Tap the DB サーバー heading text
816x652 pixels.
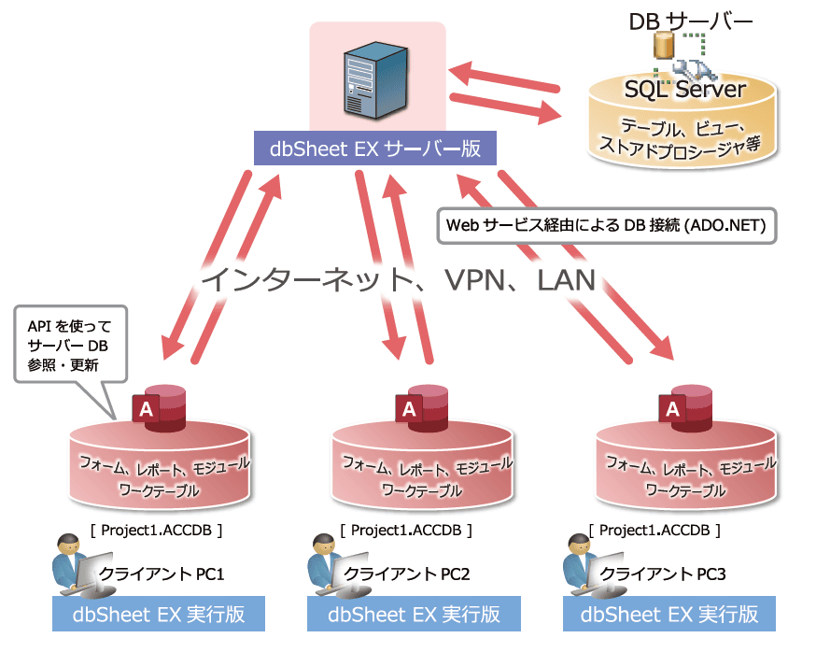point(691,21)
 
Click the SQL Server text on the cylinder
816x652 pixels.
point(684,90)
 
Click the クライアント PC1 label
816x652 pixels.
point(162,574)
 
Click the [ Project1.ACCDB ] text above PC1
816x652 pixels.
point(156,531)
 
